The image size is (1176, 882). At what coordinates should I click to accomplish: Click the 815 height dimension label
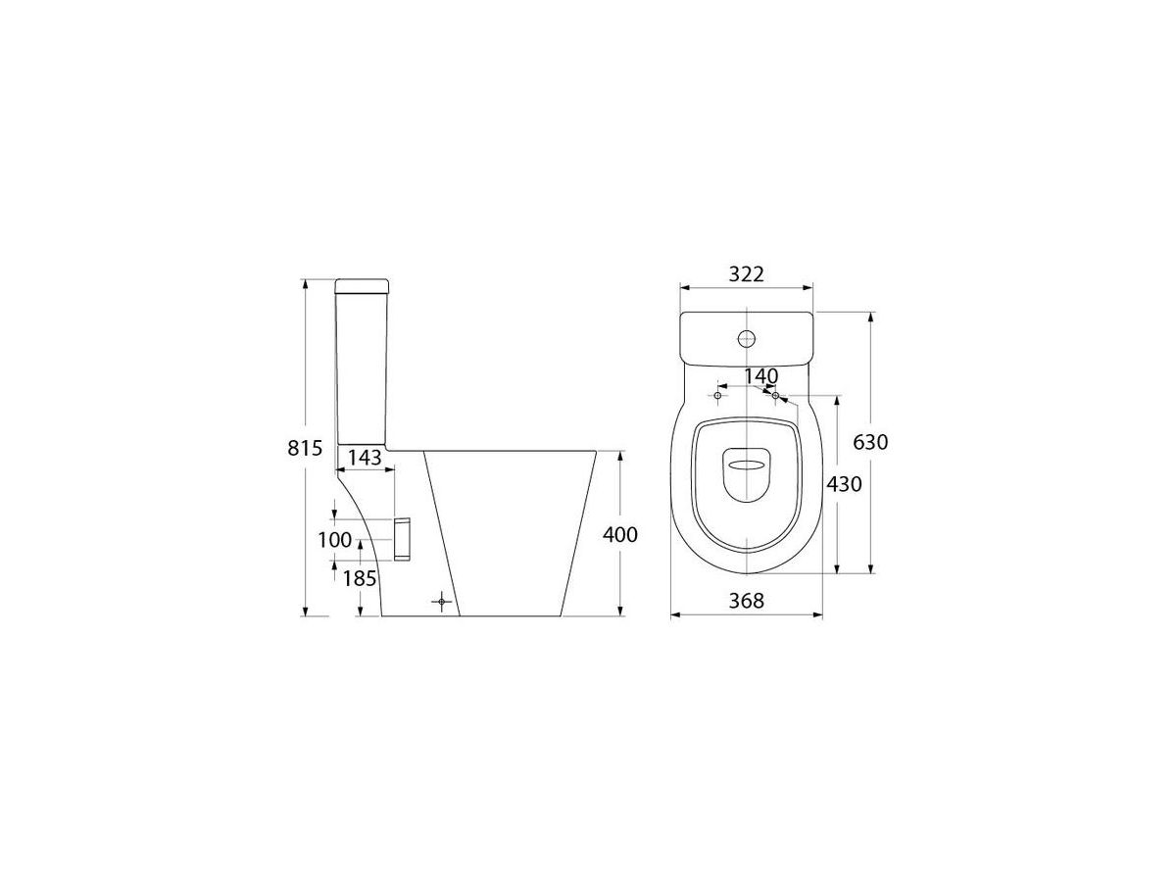305,448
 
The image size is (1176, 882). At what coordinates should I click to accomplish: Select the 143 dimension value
365,458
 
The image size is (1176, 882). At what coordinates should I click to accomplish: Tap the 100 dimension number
335,540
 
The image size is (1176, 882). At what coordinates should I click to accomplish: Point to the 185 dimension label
360,578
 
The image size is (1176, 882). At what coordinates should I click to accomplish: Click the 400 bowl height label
620,534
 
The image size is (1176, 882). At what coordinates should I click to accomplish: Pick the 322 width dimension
747,274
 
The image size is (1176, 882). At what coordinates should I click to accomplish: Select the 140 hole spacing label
761,376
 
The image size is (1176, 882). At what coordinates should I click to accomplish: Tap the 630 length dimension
870,442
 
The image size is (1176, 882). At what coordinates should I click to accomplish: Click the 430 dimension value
845,485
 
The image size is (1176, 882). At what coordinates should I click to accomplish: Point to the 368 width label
747,601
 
